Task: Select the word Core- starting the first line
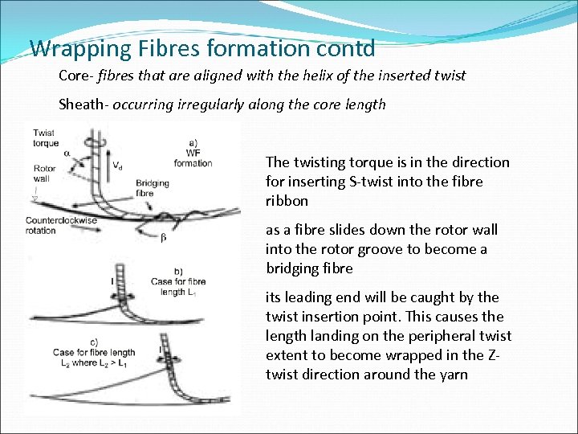[x=78, y=76]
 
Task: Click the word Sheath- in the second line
[x=84, y=104]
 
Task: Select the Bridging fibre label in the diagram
[x=153, y=188]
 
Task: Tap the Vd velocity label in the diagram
[x=119, y=166]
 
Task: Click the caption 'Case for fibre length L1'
[x=177, y=287]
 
